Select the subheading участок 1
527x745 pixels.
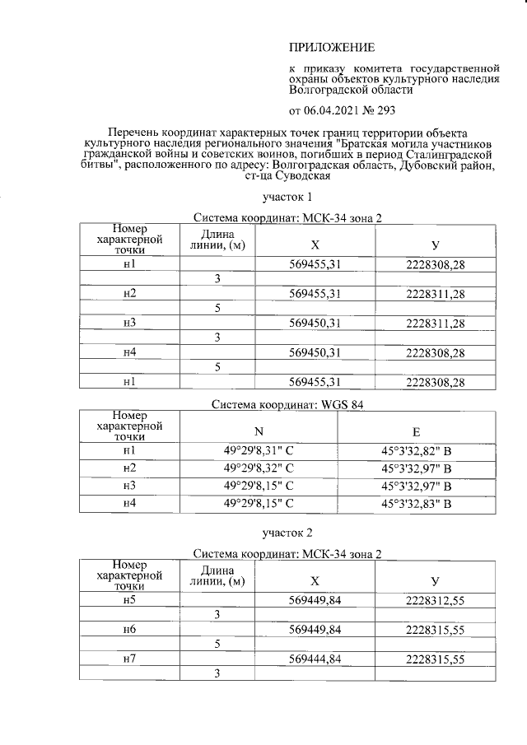(287, 198)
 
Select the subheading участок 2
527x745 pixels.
(287, 533)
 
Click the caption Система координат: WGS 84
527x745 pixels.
(287, 404)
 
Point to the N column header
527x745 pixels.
(259, 432)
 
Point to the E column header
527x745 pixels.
(417, 432)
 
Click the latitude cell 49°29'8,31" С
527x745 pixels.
(259, 451)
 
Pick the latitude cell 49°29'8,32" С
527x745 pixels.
(259, 468)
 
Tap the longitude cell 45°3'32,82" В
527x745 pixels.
(417, 451)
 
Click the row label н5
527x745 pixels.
(128, 600)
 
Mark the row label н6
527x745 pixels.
(128, 630)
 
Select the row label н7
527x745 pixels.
(128, 659)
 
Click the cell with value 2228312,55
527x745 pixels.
(436, 600)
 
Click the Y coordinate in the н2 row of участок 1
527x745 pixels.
(436, 294)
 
